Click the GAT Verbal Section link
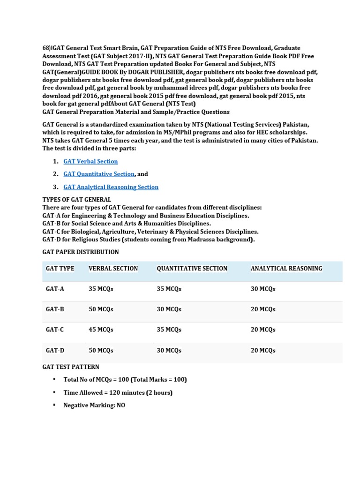coord(90,161)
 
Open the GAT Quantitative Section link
coord(99,174)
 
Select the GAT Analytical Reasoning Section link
coord(111,187)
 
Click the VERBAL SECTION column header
coord(113,269)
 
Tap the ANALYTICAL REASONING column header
coord(286,269)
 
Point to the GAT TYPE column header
coord(60,269)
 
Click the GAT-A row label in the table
coord(55,289)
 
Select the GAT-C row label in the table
coord(55,330)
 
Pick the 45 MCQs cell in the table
coord(101,330)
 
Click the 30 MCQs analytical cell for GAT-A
coord(263,289)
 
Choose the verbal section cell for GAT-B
coord(101,309)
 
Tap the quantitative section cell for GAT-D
coord(169,351)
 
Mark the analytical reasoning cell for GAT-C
coord(263,330)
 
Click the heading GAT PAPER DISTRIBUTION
coord(81,252)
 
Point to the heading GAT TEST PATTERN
coord(71,367)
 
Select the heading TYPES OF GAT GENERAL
coord(76,200)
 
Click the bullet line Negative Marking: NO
coord(94,405)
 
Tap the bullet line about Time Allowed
coord(118,393)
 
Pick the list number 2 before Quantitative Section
coord(55,174)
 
